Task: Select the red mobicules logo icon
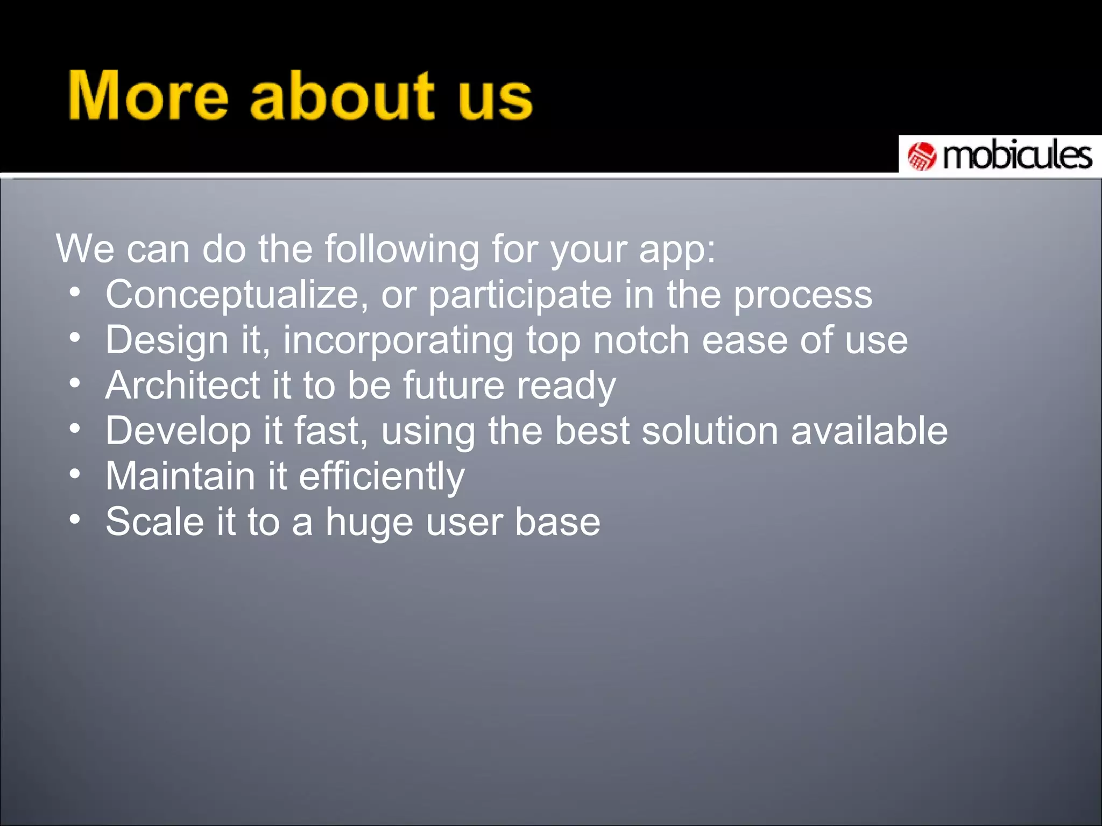click(922, 156)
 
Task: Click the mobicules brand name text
click(1017, 156)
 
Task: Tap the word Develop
click(178, 431)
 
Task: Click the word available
click(868, 431)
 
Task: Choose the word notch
click(641, 340)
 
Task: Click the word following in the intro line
click(401, 250)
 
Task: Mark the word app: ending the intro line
click(677, 251)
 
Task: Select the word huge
click(369, 523)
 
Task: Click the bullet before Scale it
click(75, 519)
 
